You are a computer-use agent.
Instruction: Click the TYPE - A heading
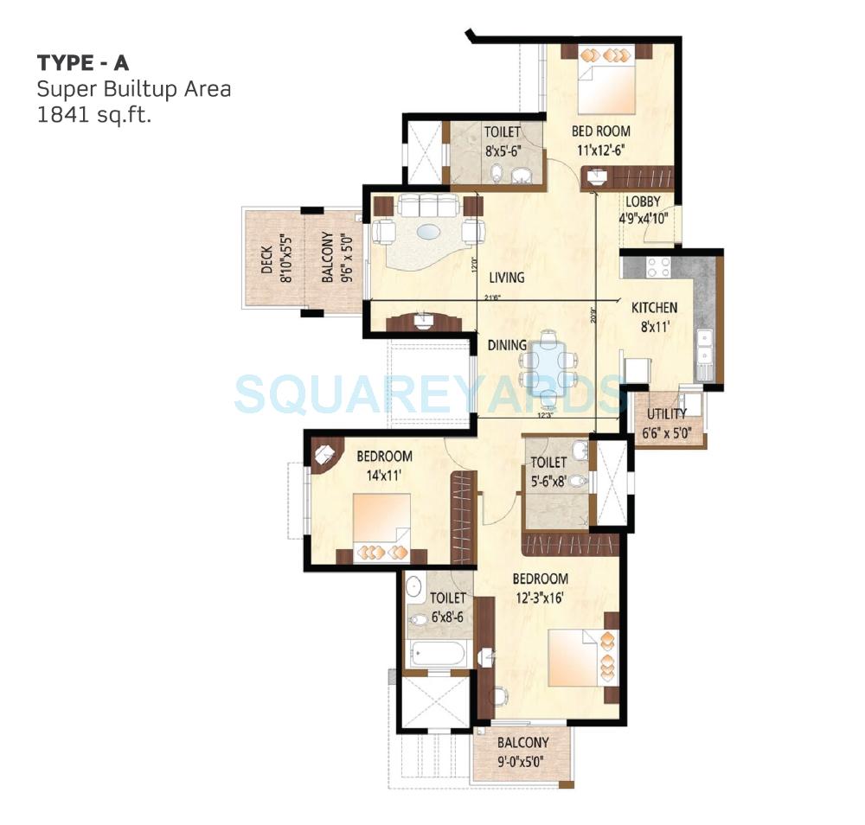click(x=83, y=63)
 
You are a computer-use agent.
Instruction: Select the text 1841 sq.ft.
click(x=93, y=115)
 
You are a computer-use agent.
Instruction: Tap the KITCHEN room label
click(x=654, y=308)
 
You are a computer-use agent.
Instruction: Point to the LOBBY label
click(x=643, y=201)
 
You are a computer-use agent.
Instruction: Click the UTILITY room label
click(x=667, y=414)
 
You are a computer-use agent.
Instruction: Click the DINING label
click(x=506, y=345)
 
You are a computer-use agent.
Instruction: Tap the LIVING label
click(x=506, y=278)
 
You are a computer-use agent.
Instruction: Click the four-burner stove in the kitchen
click(x=660, y=266)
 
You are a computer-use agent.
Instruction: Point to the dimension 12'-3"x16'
click(x=539, y=597)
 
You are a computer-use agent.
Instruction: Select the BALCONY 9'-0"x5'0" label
click(x=522, y=750)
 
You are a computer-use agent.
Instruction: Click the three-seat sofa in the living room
click(x=424, y=205)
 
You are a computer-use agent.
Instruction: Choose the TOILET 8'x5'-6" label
click(x=502, y=140)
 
